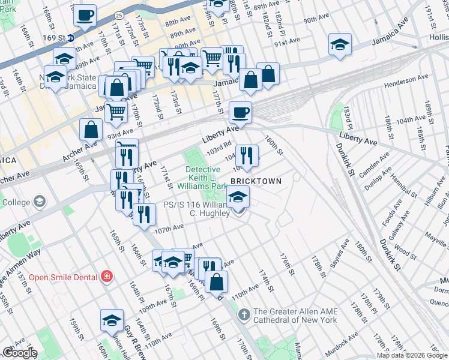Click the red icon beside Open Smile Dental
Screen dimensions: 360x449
(107, 277)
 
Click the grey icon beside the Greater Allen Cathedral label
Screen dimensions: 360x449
(244, 314)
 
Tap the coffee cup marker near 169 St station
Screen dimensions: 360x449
(85, 14)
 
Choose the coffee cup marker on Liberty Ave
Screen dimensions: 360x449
(240, 112)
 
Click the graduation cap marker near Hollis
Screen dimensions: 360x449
(340, 44)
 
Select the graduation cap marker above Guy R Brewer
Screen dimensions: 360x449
(112, 320)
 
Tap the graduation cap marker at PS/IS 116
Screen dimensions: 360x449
(238, 196)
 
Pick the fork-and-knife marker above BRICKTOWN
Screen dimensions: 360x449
(247, 155)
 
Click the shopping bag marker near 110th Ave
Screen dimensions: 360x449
(216, 280)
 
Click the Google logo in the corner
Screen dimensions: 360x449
(20, 353)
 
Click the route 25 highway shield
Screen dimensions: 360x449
(120, 14)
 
